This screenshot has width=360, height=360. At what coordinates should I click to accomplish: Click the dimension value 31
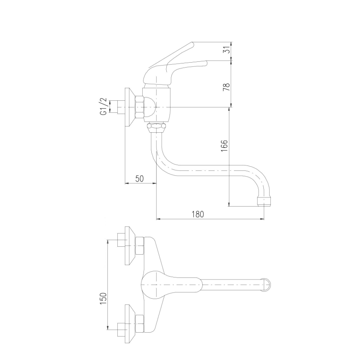tap(226, 51)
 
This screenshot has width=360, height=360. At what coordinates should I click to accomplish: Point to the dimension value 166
tap(224, 146)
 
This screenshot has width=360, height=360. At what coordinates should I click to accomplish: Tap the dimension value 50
tap(139, 178)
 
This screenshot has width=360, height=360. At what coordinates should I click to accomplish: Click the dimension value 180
tap(198, 214)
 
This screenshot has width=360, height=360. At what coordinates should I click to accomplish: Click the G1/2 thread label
tap(103, 107)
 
